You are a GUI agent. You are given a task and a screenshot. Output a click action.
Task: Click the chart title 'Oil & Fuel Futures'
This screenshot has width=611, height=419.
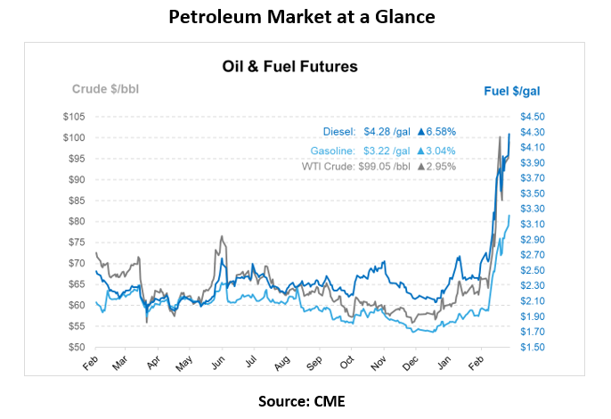pyautogui.click(x=289, y=66)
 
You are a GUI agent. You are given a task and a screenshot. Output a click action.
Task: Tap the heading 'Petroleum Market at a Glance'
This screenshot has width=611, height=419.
pyautogui.click(x=305, y=18)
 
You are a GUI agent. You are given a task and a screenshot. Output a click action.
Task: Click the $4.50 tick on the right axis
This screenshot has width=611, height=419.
pyautogui.click(x=533, y=117)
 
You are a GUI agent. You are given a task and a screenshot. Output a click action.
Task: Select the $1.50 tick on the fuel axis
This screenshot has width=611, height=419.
pyautogui.click(x=533, y=347)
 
